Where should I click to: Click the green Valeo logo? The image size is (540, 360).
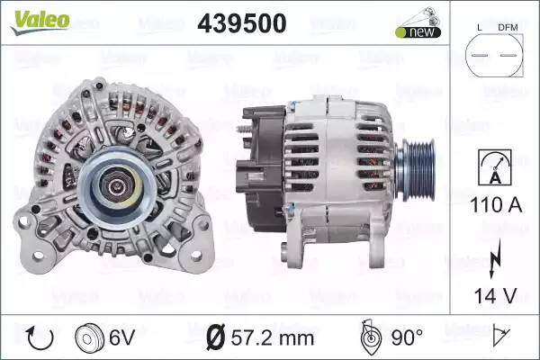point(40,22)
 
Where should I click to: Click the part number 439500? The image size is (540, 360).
point(242,23)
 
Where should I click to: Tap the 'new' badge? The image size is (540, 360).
point(418,32)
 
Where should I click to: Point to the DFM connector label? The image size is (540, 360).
point(508,28)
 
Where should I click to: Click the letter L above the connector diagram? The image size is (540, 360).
point(480,28)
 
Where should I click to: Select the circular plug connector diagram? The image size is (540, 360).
point(494,55)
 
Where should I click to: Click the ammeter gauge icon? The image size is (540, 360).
point(495,167)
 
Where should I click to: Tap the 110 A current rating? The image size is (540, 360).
point(496,205)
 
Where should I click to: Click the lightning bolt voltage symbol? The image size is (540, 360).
point(495,258)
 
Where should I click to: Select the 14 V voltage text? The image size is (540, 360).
point(496,295)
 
